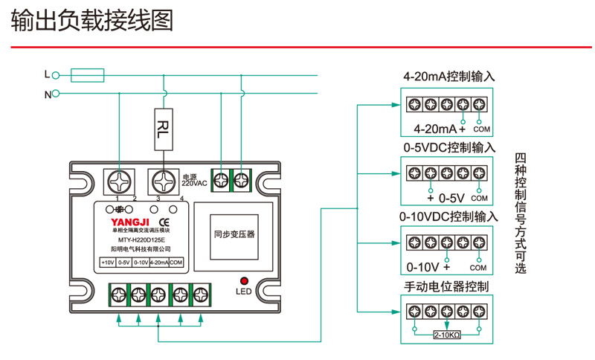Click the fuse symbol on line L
(87, 74)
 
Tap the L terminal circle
(55, 74)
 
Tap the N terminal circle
(55, 94)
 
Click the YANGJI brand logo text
(130, 222)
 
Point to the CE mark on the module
(166, 222)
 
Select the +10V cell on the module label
(108, 263)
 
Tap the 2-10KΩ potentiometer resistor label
(447, 335)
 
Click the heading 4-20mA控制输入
(448, 77)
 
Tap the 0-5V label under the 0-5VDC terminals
(451, 199)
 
